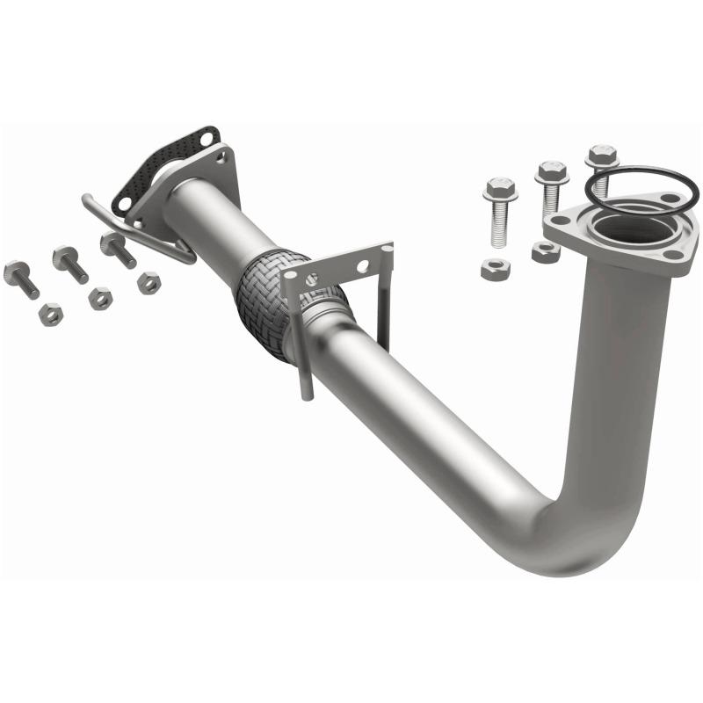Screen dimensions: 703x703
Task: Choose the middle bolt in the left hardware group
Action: [70, 264]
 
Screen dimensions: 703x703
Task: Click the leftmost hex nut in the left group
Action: [51, 314]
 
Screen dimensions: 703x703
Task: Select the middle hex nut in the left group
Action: [100, 299]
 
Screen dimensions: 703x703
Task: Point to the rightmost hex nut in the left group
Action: [149, 282]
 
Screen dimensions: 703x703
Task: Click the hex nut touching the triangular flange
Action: [544, 252]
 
